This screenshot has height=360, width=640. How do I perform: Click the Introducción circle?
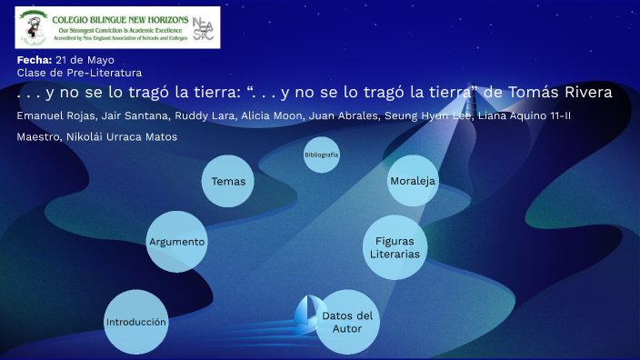pos(135,322)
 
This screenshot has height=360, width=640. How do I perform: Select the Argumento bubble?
pos(177,242)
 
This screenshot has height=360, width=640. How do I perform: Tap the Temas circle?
pos(228,182)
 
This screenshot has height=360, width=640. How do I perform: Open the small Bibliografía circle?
pos(322,155)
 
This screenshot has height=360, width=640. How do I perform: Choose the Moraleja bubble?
pos(413,181)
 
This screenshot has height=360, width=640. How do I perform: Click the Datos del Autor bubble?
pos(347,321)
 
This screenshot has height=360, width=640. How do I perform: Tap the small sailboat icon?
pos(306,315)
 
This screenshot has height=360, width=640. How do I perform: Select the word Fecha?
pos(34,60)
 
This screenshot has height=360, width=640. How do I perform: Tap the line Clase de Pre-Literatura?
pos(79,72)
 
